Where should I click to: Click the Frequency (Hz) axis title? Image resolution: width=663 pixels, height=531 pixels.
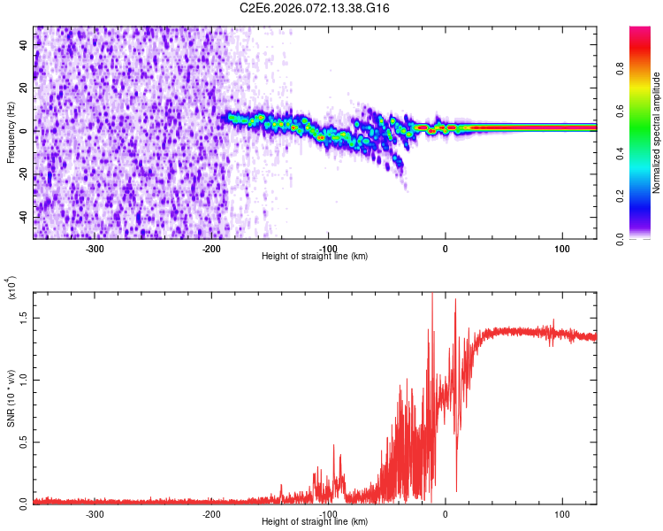pyautogui.click(x=11, y=133)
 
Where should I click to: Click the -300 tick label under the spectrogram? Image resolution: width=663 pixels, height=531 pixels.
pyautogui.click(x=94, y=248)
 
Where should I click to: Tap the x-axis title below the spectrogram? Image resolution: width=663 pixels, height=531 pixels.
pyautogui.click(x=315, y=256)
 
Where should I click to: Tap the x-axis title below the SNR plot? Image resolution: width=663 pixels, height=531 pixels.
pyautogui.click(x=315, y=521)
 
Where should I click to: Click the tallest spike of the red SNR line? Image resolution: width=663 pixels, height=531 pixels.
pyautogui.click(x=432, y=295)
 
